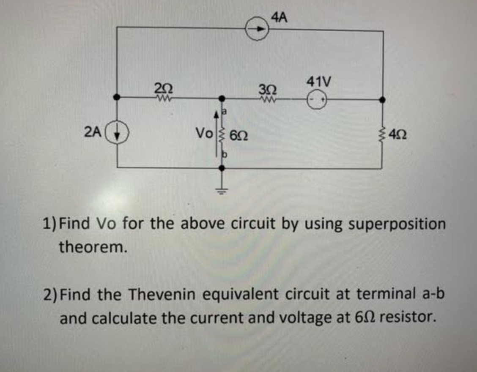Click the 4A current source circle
(x=258, y=29)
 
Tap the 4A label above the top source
(x=279, y=18)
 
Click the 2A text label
(x=93, y=132)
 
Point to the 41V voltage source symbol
(x=317, y=99)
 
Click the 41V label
(x=318, y=82)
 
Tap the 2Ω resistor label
(x=164, y=88)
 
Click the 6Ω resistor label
(x=238, y=135)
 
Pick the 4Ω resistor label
(x=397, y=134)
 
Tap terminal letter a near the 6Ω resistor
(x=225, y=111)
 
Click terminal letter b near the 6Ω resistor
(x=225, y=154)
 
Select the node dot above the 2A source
(x=117, y=97)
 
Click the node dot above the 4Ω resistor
(x=382, y=99)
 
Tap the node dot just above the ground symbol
(x=222, y=168)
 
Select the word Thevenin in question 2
(x=162, y=295)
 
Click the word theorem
(x=93, y=247)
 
